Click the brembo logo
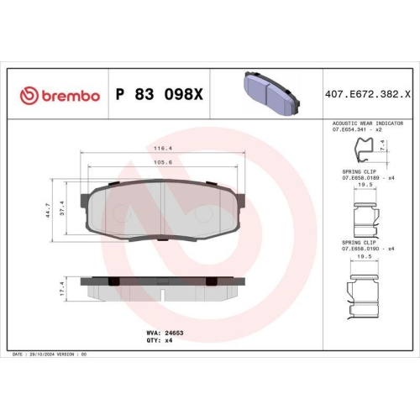(60, 96)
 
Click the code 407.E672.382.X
(372, 96)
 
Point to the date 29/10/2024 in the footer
(45, 356)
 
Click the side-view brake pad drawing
(163, 288)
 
